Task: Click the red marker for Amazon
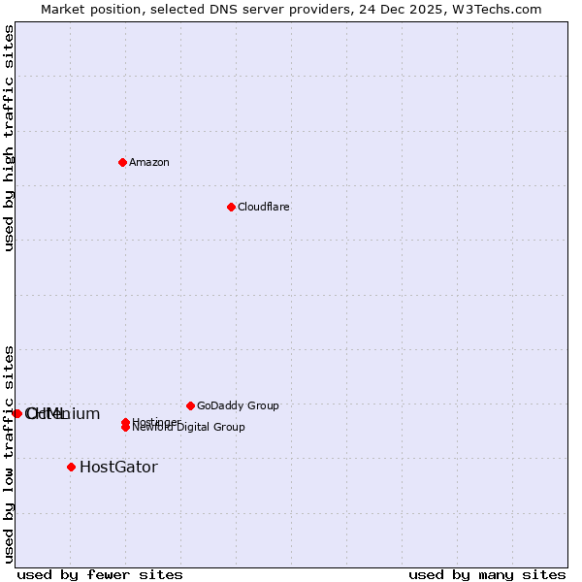click(x=122, y=162)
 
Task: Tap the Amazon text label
click(x=149, y=163)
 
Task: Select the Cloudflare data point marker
click(x=231, y=207)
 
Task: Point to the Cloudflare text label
click(x=264, y=208)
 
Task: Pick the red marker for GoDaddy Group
click(x=190, y=405)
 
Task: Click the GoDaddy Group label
click(x=238, y=406)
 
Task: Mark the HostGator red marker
click(x=71, y=467)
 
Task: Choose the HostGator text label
click(x=118, y=468)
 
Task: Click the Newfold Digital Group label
click(x=190, y=428)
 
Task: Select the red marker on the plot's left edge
click(x=17, y=413)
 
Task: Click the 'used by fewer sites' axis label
click(x=100, y=575)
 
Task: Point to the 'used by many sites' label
click(x=487, y=575)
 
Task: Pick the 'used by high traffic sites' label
click(x=10, y=138)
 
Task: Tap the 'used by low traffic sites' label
click(x=10, y=454)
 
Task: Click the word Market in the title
click(x=64, y=10)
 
